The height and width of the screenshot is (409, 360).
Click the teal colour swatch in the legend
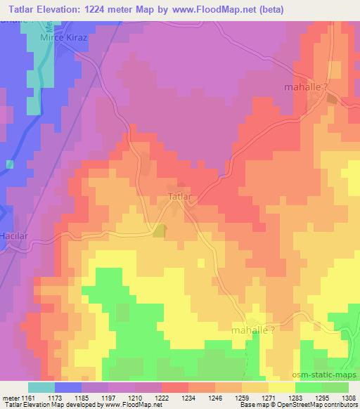pyautogui.click(x=41, y=387)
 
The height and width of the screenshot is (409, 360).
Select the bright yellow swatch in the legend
pyautogui.click(x=281, y=387)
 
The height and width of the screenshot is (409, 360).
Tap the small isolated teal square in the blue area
pyautogui.click(x=9, y=164)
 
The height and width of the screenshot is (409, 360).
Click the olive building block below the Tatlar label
pyautogui.click(x=160, y=230)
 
